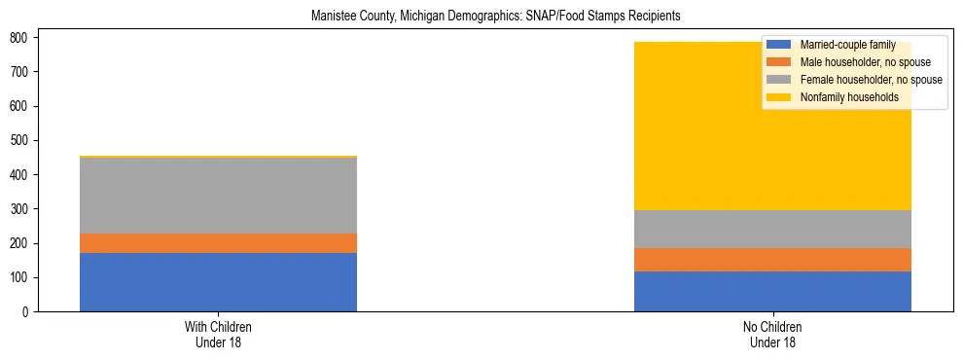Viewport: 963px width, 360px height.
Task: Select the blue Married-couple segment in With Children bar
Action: pyautogui.click(x=218, y=282)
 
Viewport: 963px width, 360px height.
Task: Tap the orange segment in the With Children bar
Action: pyautogui.click(x=218, y=243)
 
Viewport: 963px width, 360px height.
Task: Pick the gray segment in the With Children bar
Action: pyautogui.click(x=218, y=195)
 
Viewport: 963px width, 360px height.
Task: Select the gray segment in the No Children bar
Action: pyautogui.click(x=772, y=229)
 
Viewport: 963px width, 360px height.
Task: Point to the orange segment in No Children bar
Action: pyautogui.click(x=772, y=260)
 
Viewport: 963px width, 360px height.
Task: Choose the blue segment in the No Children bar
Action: pyautogui.click(x=772, y=291)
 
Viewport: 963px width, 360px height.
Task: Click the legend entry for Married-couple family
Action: pyautogui.click(x=842, y=45)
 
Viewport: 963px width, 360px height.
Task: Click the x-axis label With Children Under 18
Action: pyautogui.click(x=218, y=334)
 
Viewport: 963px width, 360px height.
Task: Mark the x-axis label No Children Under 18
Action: pyautogui.click(x=772, y=334)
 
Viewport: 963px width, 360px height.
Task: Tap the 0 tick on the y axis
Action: pyautogui.click(x=30, y=312)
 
